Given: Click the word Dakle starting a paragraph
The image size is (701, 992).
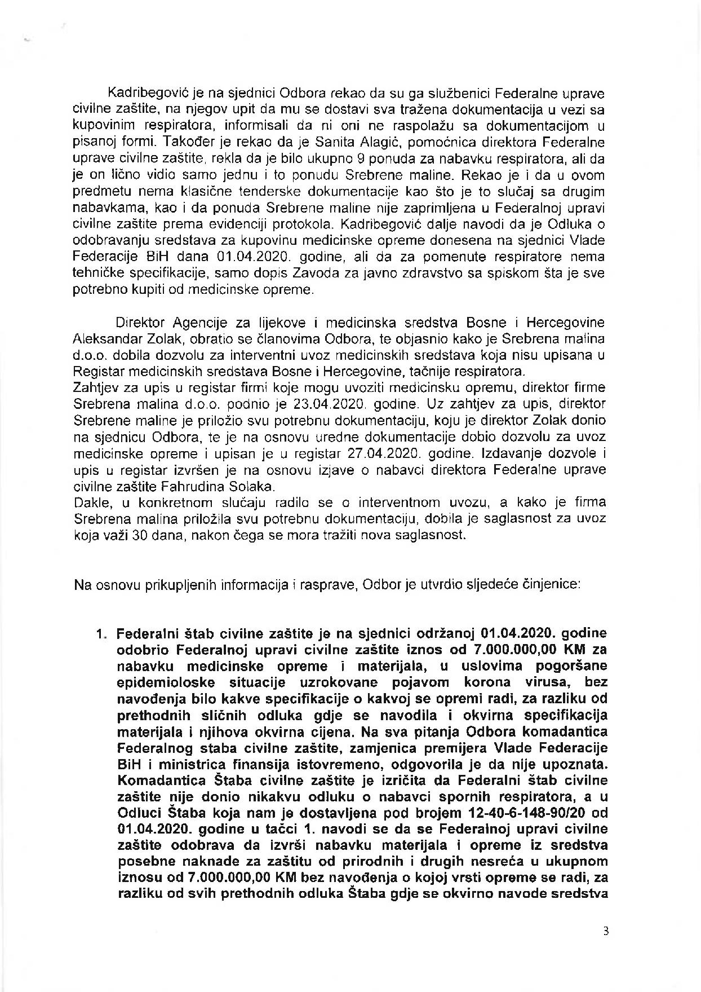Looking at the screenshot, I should (x=90, y=502).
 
